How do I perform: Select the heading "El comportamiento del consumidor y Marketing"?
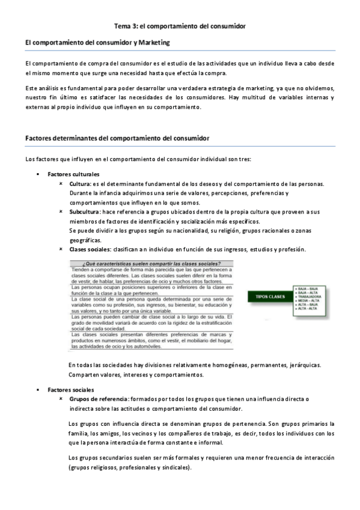pos(97,43)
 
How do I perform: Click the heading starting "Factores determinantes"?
pos(117,138)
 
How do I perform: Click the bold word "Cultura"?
pos(80,183)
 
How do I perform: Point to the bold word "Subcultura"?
pos(85,212)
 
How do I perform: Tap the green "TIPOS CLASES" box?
pos(270,296)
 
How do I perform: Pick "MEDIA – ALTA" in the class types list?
pos(308,301)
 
